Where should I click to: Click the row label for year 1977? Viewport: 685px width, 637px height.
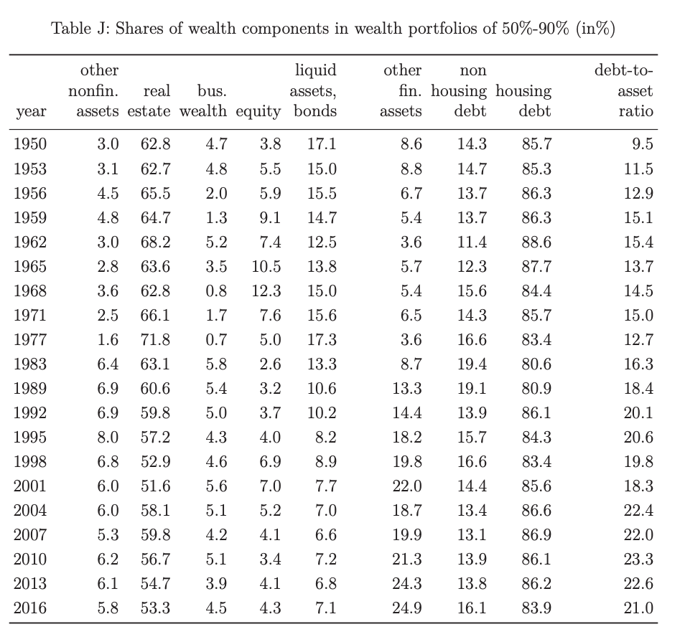30,339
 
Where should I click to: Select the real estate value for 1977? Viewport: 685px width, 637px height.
155,339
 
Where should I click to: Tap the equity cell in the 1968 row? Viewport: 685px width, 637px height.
266,291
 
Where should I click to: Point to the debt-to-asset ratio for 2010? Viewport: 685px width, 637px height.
638,559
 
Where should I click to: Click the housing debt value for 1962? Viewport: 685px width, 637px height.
536,242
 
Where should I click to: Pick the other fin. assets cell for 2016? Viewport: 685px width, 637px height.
406,608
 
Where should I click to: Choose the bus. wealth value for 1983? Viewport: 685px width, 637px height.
216,364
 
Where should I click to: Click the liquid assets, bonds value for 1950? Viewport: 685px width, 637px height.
322,143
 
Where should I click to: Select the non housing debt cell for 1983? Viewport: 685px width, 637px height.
472,364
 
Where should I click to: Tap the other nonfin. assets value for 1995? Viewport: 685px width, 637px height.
108,437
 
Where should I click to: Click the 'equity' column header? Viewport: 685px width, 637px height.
258,112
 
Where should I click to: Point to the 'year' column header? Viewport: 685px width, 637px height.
31,112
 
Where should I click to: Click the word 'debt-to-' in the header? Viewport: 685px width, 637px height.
624,70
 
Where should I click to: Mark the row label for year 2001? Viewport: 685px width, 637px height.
30,486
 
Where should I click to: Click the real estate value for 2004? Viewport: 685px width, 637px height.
155,510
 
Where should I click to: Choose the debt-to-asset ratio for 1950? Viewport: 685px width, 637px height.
643,143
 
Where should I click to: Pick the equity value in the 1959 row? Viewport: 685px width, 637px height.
270,217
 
